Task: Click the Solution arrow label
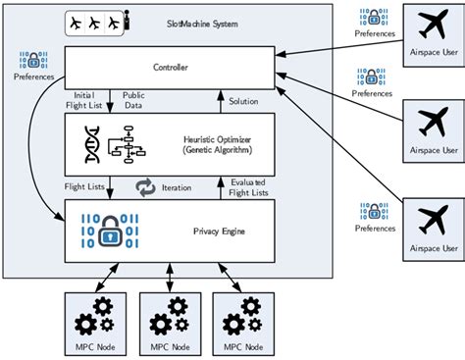[244, 101]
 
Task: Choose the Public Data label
[135, 101]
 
